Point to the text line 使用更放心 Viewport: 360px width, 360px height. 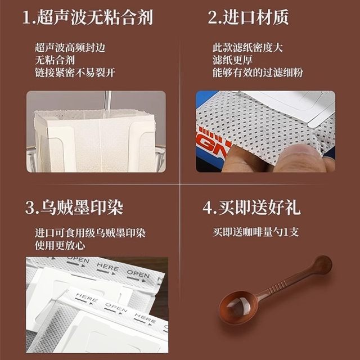[x=58, y=244]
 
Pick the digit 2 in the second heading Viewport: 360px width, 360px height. [x=213, y=17]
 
